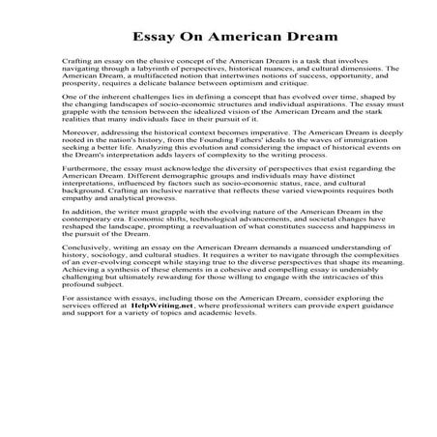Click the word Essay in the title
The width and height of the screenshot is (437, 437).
(x=147, y=36)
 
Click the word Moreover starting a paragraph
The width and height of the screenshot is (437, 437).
(x=79, y=155)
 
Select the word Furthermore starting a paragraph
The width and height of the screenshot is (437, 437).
(x=84, y=201)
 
